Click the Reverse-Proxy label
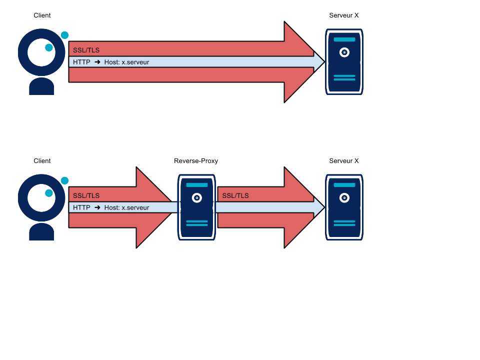[196, 161]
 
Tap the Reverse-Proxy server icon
[197, 207]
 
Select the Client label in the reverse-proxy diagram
[42, 161]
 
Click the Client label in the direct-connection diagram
[42, 15]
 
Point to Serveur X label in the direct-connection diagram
[344, 15]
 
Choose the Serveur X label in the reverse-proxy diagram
[344, 161]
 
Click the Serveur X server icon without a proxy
[344, 61]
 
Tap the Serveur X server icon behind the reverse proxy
[344, 207]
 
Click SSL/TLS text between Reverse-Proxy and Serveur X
[235, 195]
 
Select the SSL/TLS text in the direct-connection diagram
[86, 50]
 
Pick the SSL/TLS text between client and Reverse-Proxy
[86, 195]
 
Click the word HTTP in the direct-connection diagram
[81, 62]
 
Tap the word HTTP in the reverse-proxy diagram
[81, 207]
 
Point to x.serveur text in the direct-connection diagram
[135, 62]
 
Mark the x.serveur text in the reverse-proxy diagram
[135, 207]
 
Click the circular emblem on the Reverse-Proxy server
[197, 198]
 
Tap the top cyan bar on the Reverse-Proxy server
[197, 185]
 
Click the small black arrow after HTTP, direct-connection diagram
[97, 62]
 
